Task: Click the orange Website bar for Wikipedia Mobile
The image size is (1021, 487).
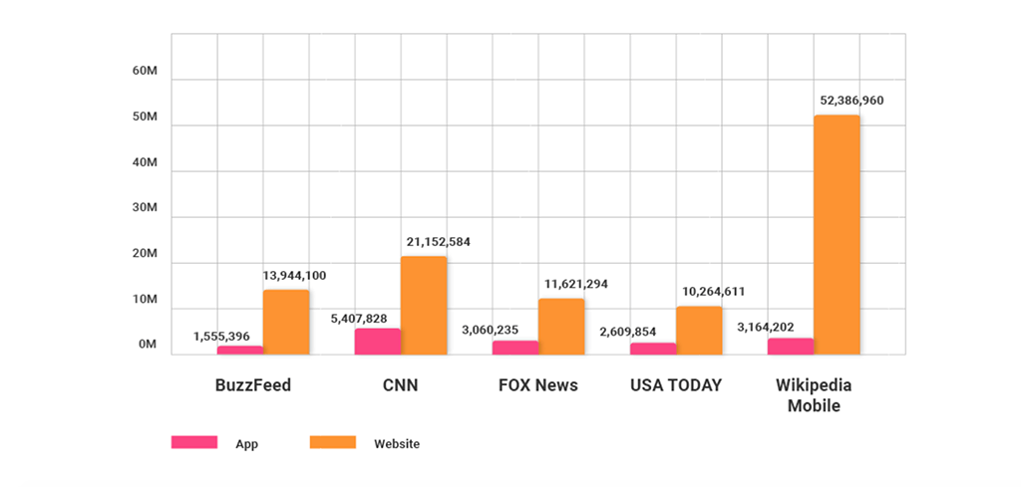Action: (x=837, y=234)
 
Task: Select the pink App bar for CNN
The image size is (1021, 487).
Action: (x=377, y=342)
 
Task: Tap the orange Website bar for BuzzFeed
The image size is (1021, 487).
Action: (x=286, y=322)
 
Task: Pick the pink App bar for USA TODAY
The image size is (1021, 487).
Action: (x=652, y=349)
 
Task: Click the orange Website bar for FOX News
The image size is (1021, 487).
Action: (x=561, y=327)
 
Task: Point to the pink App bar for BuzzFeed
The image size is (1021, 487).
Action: (x=239, y=350)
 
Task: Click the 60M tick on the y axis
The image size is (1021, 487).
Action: (x=145, y=72)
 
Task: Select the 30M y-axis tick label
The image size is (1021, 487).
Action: (x=145, y=208)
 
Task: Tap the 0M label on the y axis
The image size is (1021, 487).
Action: (x=148, y=345)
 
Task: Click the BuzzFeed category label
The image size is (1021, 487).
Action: (x=253, y=385)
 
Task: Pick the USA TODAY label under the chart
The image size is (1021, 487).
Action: (x=676, y=385)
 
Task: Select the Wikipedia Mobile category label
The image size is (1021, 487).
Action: (x=814, y=395)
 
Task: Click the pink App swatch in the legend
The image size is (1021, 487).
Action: (x=193, y=442)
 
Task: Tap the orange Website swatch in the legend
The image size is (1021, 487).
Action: (x=333, y=442)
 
